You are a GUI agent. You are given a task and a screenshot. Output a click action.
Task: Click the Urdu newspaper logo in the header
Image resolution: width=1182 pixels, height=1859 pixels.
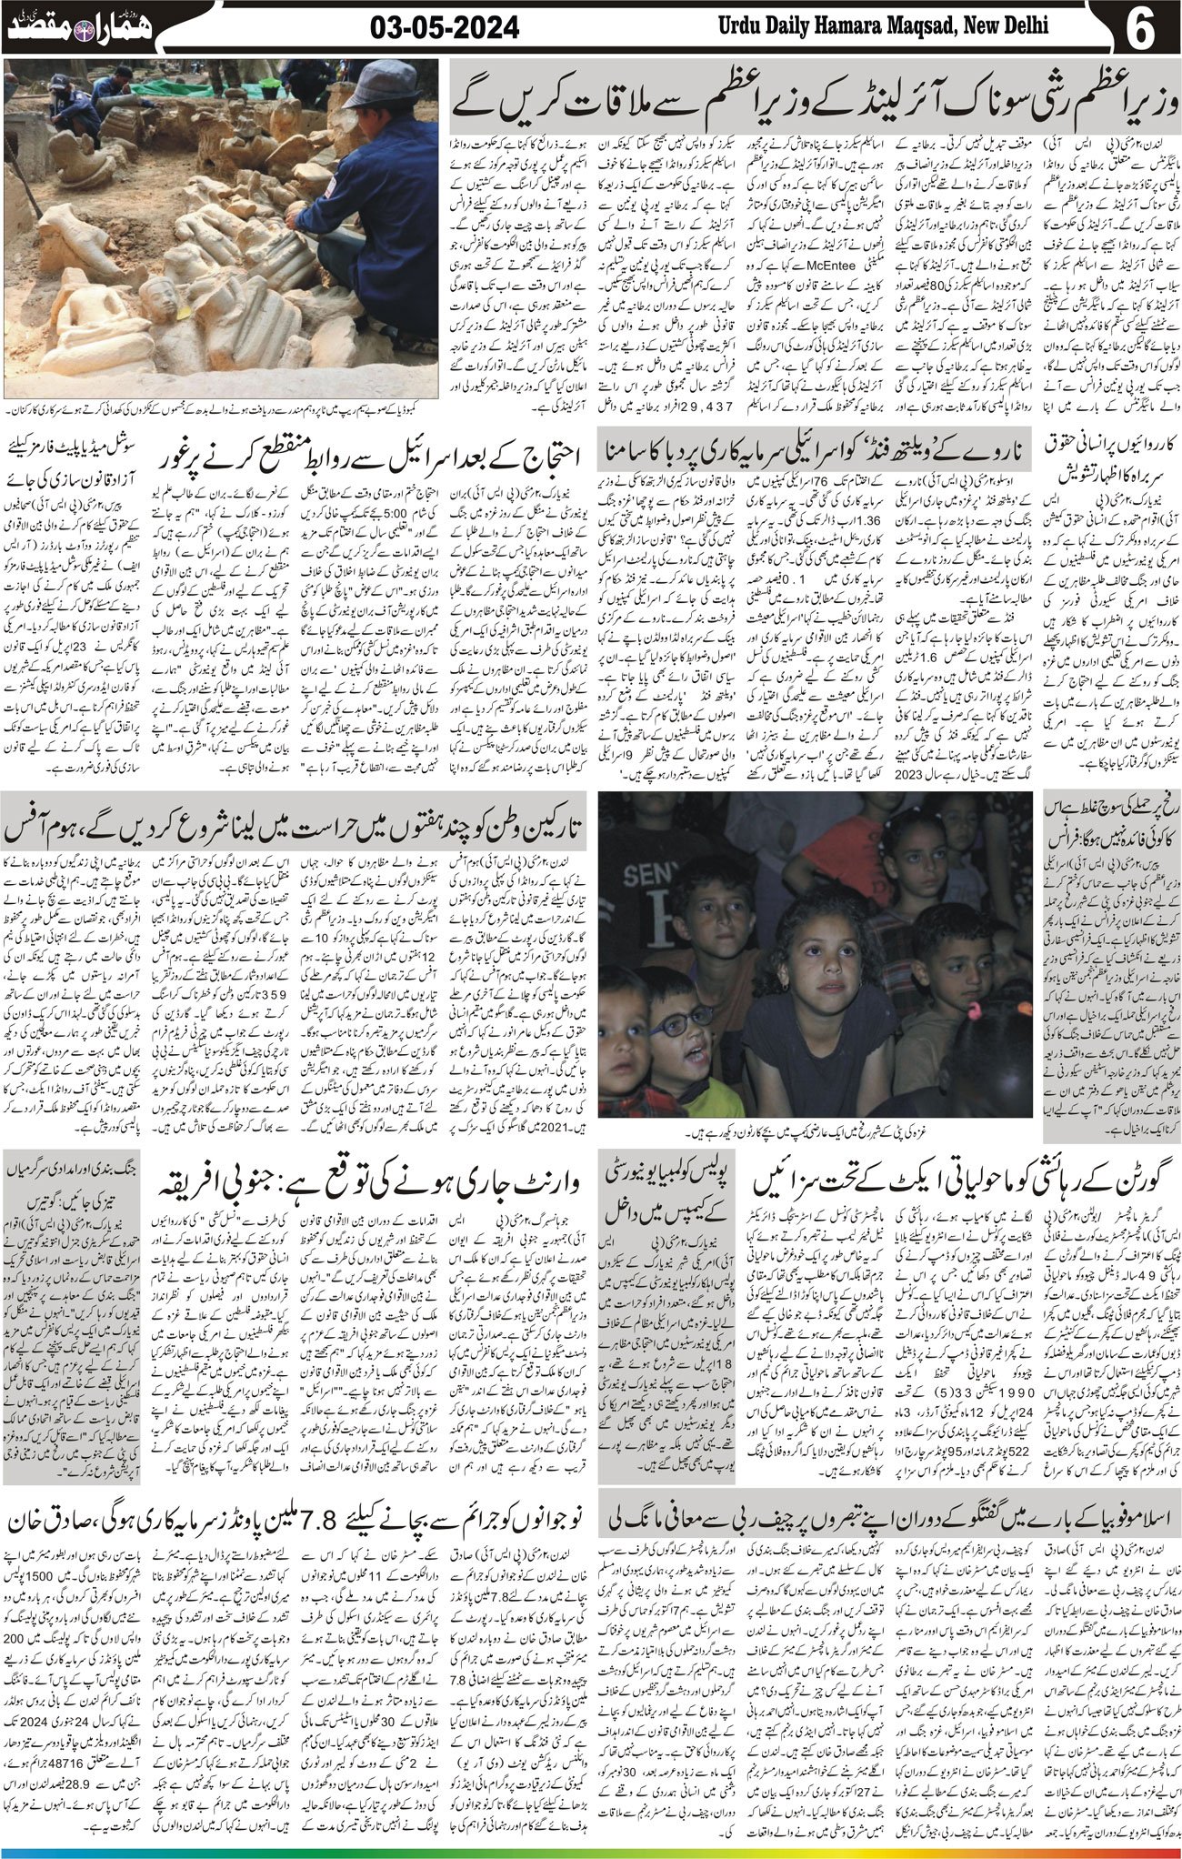pyautogui.click(x=81, y=27)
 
